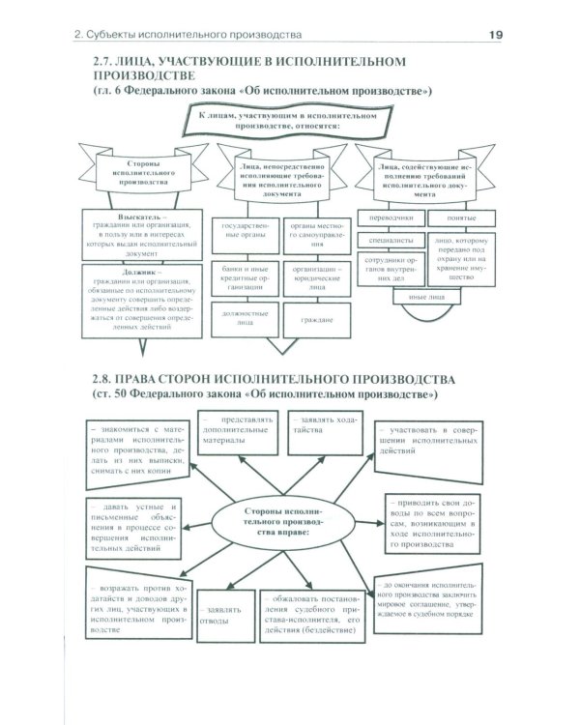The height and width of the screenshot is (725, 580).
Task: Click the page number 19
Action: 493,36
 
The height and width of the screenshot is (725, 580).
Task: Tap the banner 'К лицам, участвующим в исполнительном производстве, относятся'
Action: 287,121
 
